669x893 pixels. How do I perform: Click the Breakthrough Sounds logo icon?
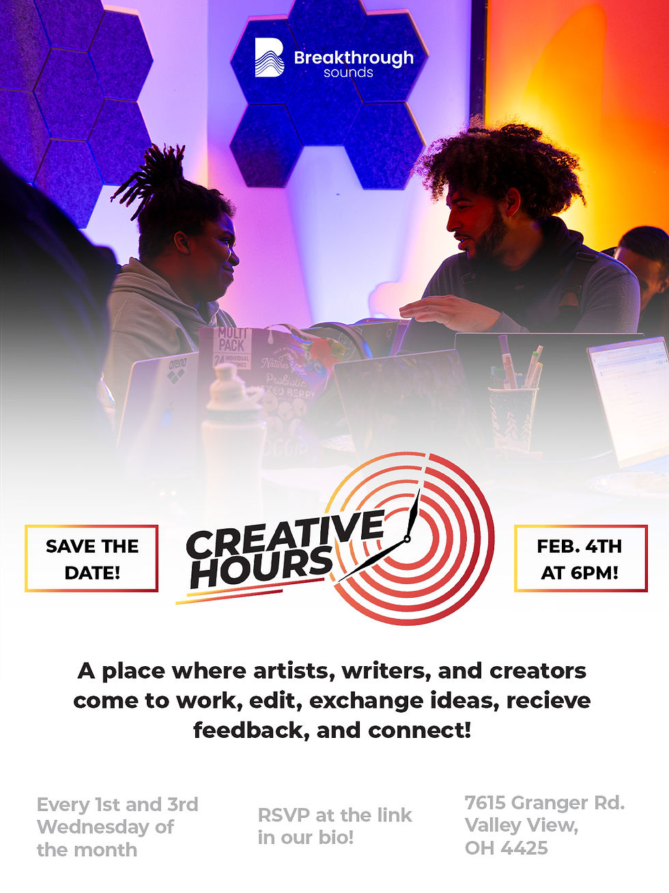[x=269, y=58]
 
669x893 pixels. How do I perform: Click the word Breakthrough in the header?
[x=354, y=58]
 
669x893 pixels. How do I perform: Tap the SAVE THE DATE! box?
[x=91, y=558]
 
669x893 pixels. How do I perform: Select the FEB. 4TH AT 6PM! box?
[x=580, y=558]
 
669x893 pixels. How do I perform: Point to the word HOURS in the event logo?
[x=261, y=566]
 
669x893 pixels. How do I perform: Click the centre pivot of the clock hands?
[x=407, y=538]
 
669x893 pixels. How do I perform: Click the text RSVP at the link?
[x=334, y=815]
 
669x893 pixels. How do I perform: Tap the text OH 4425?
[x=506, y=848]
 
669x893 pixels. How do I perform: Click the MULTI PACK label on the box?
[x=231, y=340]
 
